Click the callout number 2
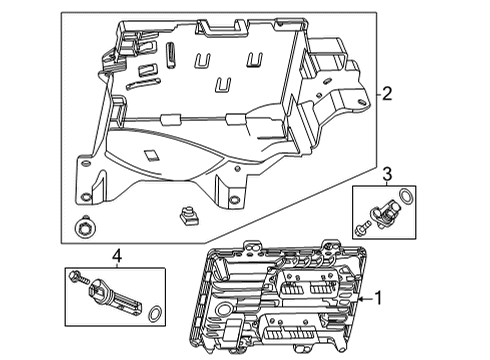[x=386, y=95]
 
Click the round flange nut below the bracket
[x=84, y=228]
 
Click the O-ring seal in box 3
[x=403, y=198]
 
